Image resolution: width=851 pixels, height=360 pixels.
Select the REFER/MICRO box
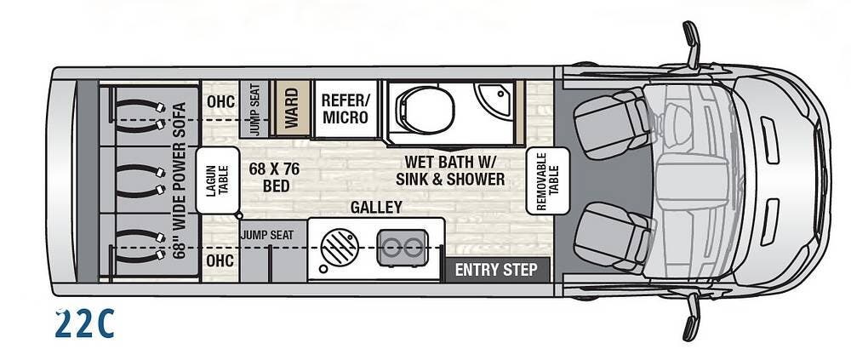click(345, 109)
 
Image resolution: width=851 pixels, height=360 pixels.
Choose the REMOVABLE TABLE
click(546, 180)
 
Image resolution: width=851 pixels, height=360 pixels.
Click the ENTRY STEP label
click(496, 270)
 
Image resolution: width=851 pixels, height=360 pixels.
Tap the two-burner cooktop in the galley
click(400, 248)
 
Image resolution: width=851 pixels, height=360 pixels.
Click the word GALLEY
click(376, 208)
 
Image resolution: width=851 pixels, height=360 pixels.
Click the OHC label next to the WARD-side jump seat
click(216, 102)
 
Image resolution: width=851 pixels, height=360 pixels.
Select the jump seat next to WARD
click(254, 109)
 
